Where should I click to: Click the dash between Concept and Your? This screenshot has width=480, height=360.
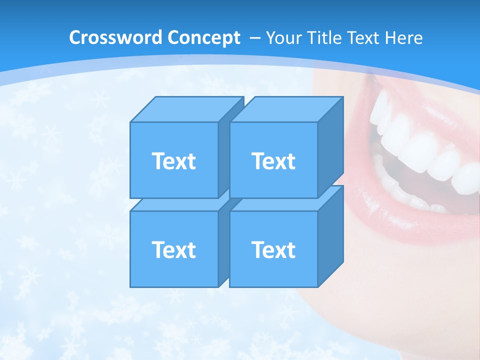pyautogui.click(x=253, y=38)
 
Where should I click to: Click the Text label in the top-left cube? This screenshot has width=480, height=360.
pyautogui.click(x=173, y=161)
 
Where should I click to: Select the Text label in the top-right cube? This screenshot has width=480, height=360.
pyautogui.click(x=273, y=161)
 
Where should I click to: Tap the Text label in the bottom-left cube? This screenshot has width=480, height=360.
pyautogui.click(x=173, y=249)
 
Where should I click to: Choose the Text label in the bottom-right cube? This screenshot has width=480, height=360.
pyautogui.click(x=273, y=249)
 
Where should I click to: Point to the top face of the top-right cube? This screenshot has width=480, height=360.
pyautogui.click(x=286, y=109)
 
